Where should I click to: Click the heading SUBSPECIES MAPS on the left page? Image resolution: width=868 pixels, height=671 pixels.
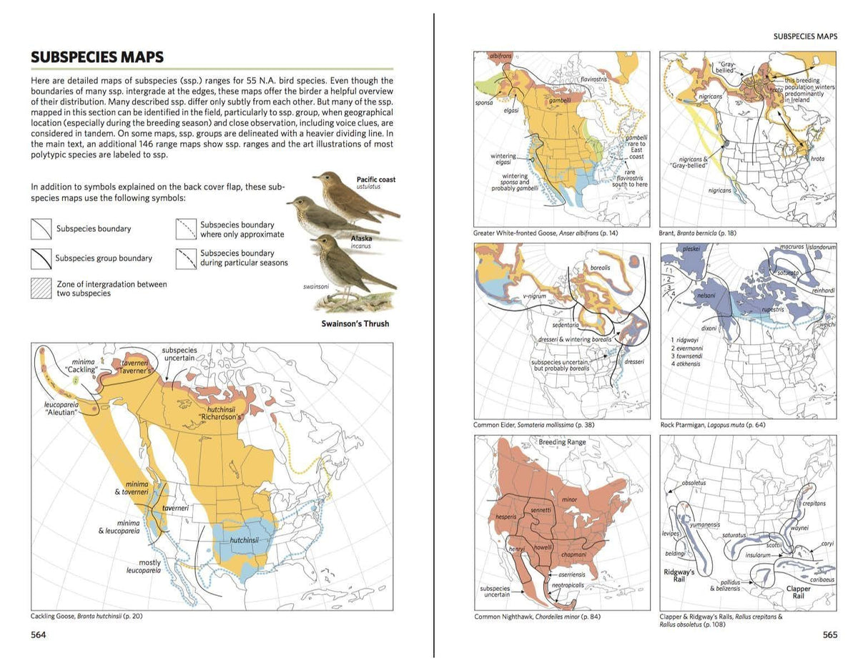click(x=97, y=57)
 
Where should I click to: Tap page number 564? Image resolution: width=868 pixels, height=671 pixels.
click(x=39, y=635)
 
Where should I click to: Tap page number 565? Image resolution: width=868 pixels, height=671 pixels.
click(x=829, y=635)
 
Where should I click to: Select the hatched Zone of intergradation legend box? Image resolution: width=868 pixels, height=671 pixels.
click(x=41, y=288)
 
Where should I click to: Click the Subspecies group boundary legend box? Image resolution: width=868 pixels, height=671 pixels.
click(x=41, y=258)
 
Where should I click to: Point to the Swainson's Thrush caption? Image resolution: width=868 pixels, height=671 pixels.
click(x=355, y=324)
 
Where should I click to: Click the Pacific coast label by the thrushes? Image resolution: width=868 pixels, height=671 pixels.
click(x=375, y=180)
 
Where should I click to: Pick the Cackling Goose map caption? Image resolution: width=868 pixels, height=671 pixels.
click(x=87, y=616)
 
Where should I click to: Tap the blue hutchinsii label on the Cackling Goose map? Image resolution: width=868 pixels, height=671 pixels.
click(x=244, y=540)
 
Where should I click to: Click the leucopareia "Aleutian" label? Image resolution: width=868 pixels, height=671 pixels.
click(x=61, y=409)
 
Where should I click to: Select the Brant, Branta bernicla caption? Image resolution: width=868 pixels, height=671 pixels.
click(x=697, y=233)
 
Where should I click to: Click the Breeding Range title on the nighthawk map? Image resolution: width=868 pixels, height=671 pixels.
click(x=562, y=442)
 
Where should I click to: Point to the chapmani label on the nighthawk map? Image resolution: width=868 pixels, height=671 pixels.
click(x=573, y=554)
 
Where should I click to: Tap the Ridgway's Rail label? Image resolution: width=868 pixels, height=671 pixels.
click(x=679, y=577)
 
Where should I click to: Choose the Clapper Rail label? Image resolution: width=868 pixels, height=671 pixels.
click(x=799, y=592)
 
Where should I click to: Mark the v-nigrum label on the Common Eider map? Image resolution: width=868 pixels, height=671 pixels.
click(x=533, y=296)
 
